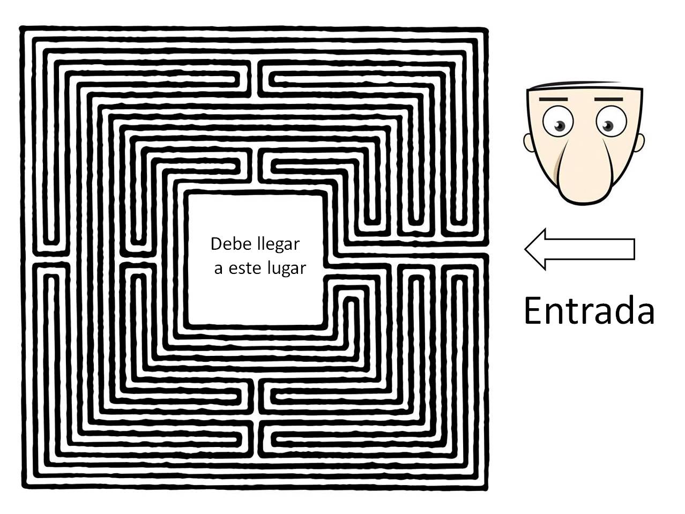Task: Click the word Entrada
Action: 589,310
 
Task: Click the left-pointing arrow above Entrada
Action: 579,249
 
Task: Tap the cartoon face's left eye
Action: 558,122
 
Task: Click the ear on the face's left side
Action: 529,143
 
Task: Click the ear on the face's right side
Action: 639,141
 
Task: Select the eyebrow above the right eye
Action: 608,99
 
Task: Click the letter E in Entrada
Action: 533,310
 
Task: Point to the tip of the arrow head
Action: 526,249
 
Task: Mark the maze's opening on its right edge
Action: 487,249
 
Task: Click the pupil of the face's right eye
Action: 607,126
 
